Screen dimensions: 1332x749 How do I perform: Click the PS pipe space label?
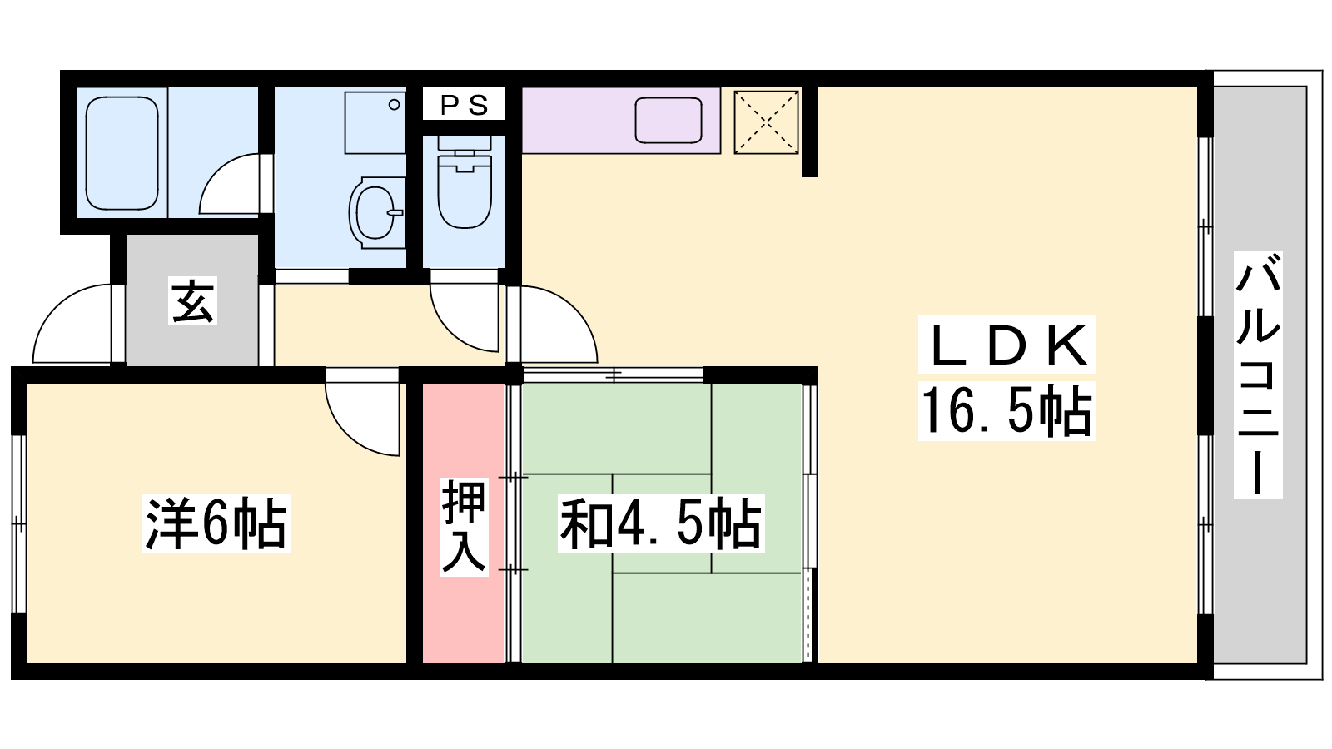(465, 105)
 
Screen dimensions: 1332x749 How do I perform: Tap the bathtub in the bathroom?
(122, 153)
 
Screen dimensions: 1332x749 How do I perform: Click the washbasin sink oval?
(375, 211)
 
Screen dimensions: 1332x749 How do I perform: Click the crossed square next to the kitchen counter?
(767, 122)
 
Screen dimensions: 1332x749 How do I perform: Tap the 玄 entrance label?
(192, 300)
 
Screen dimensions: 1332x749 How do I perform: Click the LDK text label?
(1006, 345)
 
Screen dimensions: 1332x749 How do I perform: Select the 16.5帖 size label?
(1006, 411)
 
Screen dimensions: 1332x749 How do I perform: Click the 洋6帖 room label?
(216, 523)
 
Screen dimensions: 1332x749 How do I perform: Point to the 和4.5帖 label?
(661, 523)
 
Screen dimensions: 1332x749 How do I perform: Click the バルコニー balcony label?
(1258, 374)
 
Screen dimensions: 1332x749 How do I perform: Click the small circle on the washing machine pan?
(394, 105)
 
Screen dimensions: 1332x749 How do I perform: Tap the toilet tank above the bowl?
(465, 142)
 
